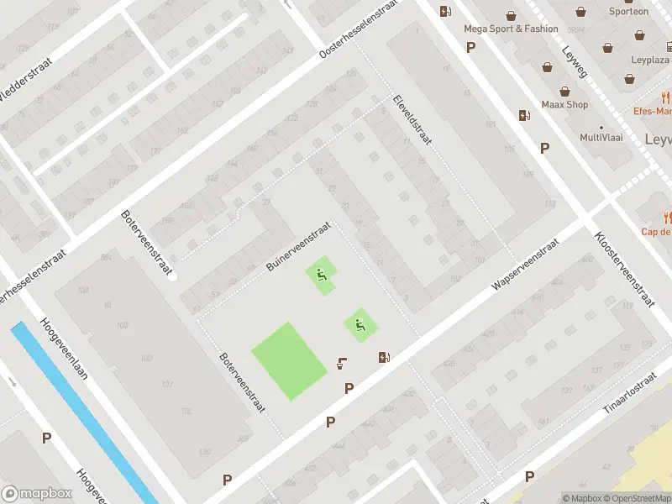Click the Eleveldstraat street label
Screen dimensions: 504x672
pos(412,119)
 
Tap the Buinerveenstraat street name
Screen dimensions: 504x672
pos(297,246)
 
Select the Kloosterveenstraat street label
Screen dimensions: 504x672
pos(623,270)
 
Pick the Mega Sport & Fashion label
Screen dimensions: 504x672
pos(511,29)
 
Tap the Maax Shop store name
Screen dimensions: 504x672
pos(564,105)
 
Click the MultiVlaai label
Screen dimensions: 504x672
pos(601,137)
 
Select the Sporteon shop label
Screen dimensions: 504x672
pos(628,12)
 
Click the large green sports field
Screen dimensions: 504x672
pos(289,360)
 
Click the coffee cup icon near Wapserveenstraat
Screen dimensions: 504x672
pos(342,364)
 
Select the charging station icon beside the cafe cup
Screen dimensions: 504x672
pos(384,357)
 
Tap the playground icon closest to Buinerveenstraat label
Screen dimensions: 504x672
pos(320,274)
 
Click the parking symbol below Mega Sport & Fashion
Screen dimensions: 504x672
pos(470,47)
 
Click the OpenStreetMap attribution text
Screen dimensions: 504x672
pos(641,498)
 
